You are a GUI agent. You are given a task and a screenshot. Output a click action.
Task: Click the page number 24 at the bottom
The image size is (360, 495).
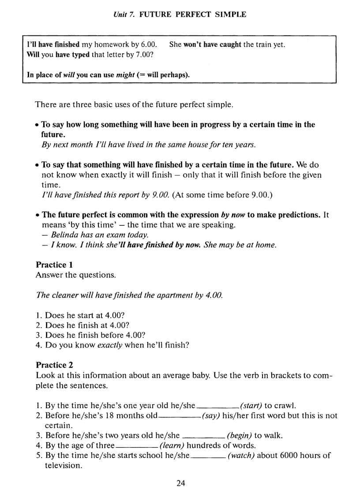(180, 483)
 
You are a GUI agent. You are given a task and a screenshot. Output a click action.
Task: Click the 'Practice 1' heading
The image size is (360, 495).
(54, 265)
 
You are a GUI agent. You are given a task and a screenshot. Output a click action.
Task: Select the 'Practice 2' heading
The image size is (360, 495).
(54, 365)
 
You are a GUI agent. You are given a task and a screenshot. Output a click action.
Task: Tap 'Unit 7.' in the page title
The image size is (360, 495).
(124, 15)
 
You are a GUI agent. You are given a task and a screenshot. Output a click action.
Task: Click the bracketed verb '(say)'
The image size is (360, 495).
(211, 416)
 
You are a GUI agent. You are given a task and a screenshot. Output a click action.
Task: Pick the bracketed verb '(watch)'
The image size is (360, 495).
(240, 455)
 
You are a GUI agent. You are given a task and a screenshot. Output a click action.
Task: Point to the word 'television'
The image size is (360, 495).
(63, 465)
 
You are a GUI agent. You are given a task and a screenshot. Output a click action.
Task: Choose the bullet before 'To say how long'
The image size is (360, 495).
(38, 125)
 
